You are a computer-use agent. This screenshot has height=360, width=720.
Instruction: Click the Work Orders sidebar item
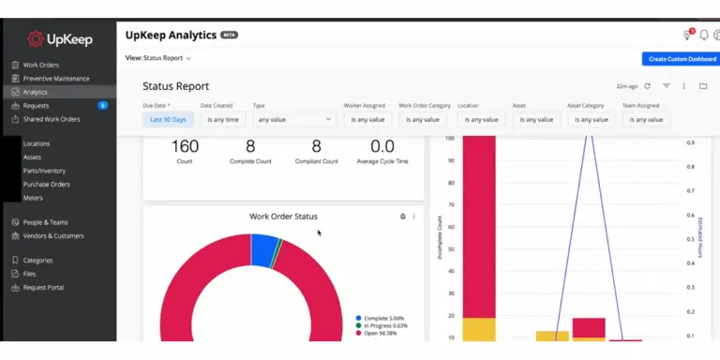point(40,65)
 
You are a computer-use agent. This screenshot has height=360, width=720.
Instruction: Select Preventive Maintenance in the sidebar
point(56,79)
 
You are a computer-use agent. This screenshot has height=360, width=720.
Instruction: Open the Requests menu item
point(37,106)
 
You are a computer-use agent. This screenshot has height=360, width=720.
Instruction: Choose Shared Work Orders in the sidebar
point(52,119)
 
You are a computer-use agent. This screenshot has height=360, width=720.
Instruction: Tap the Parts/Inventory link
point(44,171)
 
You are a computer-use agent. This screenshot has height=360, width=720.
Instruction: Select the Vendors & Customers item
point(53,235)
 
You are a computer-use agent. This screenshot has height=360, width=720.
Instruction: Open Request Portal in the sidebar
point(43,287)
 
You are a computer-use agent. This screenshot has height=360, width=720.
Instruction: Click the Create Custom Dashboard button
point(682,59)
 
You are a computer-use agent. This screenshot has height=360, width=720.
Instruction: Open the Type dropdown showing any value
point(294,119)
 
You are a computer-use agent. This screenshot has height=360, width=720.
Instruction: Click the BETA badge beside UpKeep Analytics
point(230,35)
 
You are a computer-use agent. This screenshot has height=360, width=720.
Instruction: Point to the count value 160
point(186,146)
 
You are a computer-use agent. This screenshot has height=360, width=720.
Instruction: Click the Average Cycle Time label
point(382,161)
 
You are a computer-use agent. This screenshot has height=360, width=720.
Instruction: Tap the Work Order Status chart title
point(283,217)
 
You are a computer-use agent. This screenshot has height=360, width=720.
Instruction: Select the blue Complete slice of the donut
point(263,248)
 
